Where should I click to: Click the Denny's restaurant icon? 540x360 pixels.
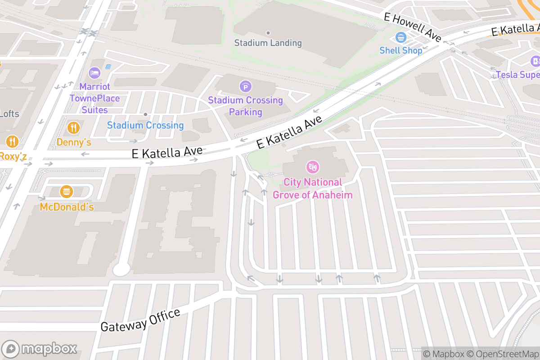point(73,128)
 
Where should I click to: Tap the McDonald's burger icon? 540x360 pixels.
point(67,192)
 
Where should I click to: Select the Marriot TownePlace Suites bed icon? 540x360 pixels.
point(94,72)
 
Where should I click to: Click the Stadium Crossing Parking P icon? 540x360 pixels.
point(245,86)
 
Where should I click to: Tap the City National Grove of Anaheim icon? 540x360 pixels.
point(312,167)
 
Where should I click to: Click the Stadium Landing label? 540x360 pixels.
point(268,43)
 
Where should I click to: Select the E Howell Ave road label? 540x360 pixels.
point(412,27)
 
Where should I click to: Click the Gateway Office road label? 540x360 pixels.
point(140,320)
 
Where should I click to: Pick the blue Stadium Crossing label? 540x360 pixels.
point(145,125)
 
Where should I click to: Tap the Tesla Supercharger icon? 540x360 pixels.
point(535,61)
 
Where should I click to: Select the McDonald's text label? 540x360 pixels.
point(67,207)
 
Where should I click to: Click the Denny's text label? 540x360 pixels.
point(74,142)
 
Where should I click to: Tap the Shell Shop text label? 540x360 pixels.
point(400,50)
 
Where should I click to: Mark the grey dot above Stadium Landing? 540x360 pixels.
point(268,33)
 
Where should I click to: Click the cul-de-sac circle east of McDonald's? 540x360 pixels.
point(121,270)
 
